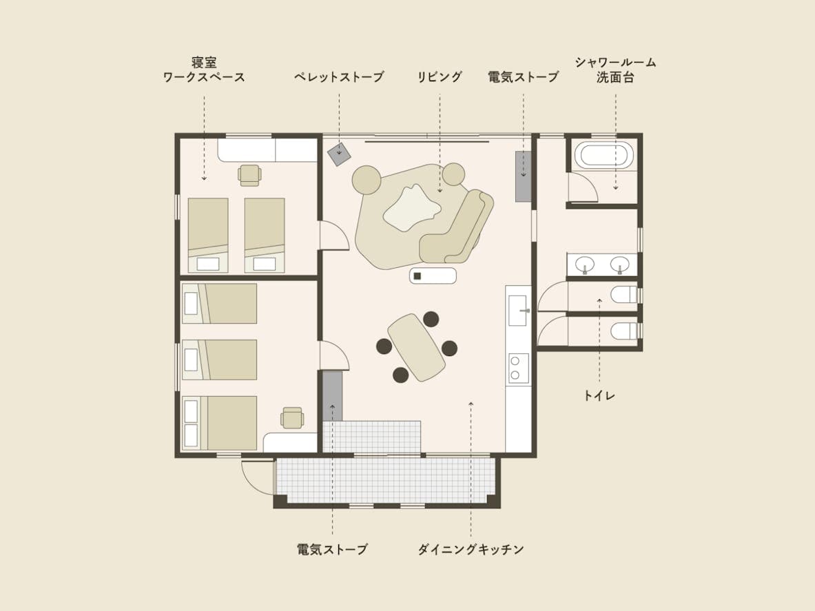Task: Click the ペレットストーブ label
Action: [339, 77]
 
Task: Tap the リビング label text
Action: [440, 77]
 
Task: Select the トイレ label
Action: [599, 395]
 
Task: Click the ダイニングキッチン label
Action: [471, 549]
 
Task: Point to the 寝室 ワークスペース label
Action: [204, 70]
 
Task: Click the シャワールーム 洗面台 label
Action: [615, 70]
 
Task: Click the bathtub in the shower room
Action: [604, 155]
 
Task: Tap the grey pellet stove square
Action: [339, 154]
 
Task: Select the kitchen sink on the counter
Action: [517, 311]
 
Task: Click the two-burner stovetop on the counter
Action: [518, 369]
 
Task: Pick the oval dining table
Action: [416, 348]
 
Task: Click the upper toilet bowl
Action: [623, 295]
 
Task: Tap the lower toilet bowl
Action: [623, 331]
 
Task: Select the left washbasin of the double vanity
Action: [586, 265]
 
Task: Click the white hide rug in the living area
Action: [413, 208]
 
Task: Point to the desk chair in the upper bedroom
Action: [249, 175]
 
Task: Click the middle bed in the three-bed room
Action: [219, 360]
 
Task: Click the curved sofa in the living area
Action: [457, 227]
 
